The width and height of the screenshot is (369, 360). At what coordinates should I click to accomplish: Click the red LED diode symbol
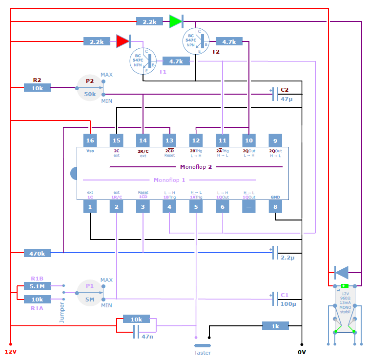[x=123, y=41]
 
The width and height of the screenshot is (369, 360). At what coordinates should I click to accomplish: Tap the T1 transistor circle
[x=143, y=61]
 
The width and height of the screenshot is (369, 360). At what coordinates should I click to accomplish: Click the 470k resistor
[x=37, y=253]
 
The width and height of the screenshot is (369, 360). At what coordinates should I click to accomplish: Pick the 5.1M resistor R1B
[x=37, y=286]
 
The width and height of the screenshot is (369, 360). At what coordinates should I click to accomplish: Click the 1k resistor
[x=275, y=326]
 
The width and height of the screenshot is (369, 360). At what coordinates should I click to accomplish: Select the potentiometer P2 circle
[x=90, y=88]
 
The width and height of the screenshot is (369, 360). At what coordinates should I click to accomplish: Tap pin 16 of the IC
[x=90, y=140]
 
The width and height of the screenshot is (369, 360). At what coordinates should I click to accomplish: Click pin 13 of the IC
[x=169, y=140]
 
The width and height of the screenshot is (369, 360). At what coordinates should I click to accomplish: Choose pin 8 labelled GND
[x=275, y=207]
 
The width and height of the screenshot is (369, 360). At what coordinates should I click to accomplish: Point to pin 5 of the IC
[x=196, y=207]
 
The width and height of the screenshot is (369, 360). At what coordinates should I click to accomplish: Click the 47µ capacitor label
[x=286, y=99]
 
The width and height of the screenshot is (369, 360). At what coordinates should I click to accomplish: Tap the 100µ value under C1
[x=288, y=304]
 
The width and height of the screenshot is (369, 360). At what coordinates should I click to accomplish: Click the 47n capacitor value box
[x=147, y=336]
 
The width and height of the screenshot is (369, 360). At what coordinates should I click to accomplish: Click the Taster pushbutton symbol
[x=202, y=345]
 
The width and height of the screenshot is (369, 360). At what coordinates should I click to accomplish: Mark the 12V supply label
[x=11, y=351]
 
